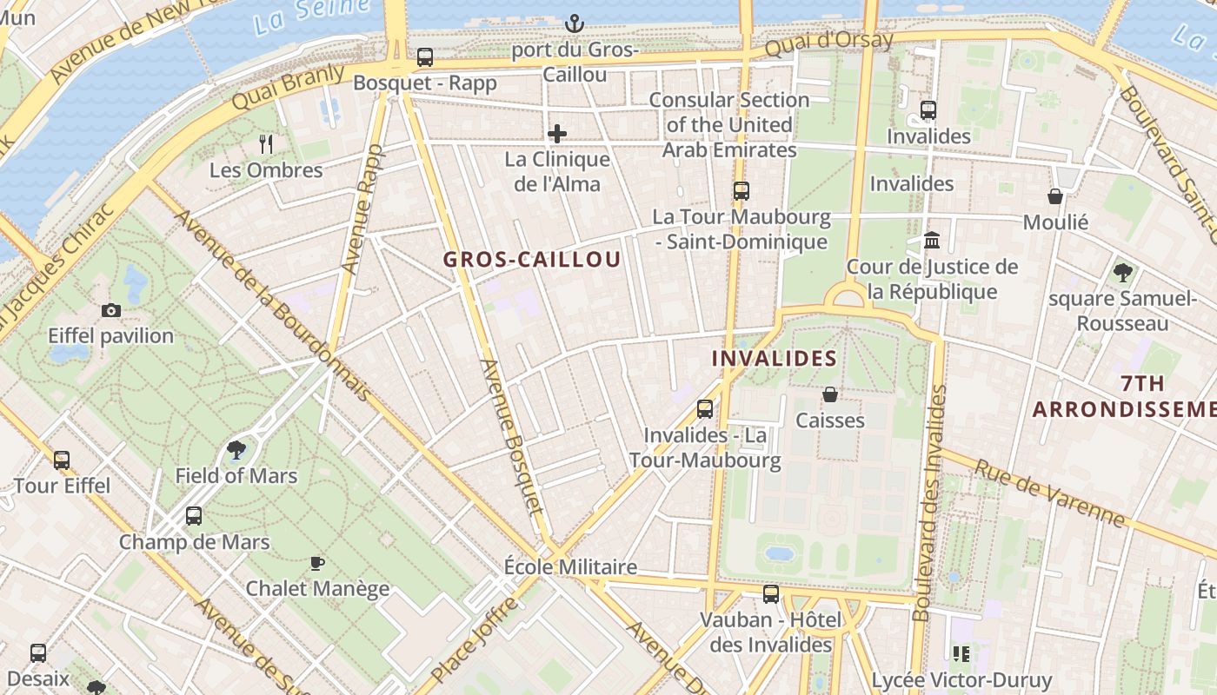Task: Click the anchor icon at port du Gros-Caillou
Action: tap(575, 23)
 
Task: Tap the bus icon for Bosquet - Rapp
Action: tap(425, 57)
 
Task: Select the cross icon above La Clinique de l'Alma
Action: tap(557, 134)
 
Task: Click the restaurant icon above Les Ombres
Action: tap(267, 144)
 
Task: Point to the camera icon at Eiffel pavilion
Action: tap(111, 310)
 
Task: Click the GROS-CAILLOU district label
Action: tap(532, 260)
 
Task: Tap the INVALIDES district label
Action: tap(775, 358)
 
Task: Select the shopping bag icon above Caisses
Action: tap(830, 394)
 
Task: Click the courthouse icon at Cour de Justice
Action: tap(932, 241)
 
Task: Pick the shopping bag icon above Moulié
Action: tap(1055, 196)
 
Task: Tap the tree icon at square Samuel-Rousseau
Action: tap(1122, 273)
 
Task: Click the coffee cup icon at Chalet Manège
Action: tap(317, 563)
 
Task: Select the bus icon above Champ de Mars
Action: tap(194, 516)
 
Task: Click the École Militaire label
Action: tap(570, 567)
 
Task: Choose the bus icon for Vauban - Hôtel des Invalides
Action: tap(771, 594)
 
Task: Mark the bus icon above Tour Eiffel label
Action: tap(62, 460)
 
